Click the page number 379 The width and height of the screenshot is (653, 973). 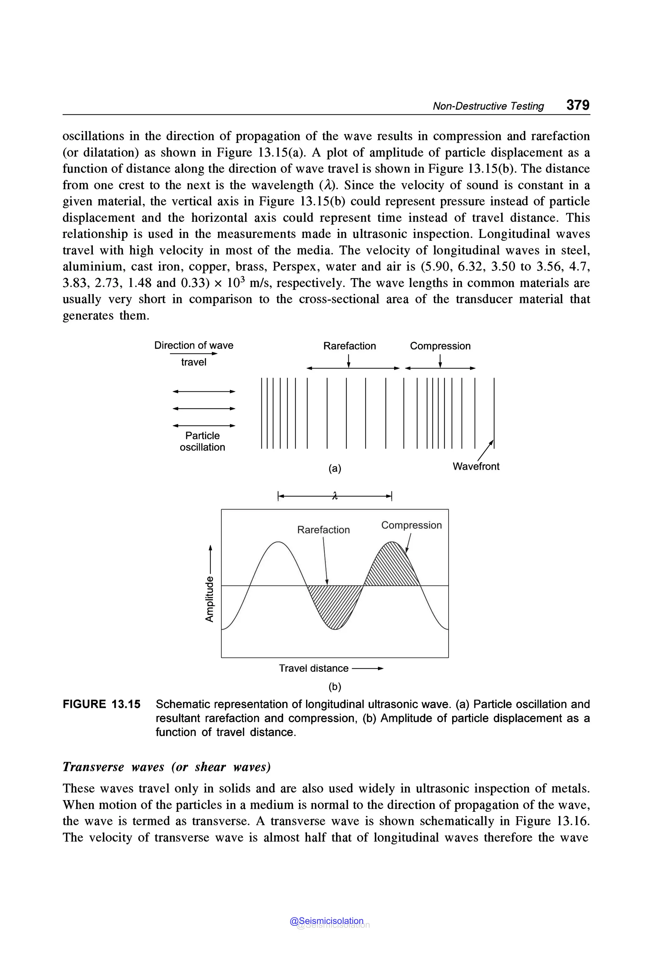578,105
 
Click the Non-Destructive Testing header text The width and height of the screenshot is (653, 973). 488,106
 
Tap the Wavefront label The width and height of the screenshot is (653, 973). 476,466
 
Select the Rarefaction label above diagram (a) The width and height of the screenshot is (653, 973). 349,346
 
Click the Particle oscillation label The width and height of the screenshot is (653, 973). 202,441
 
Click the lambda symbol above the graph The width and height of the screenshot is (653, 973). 335,496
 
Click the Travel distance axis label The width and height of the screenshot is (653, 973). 314,668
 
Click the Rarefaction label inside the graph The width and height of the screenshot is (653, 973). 323,530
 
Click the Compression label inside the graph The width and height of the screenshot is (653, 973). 411,525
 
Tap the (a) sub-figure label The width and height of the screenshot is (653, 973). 335,469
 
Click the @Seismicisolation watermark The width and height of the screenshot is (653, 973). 326,921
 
